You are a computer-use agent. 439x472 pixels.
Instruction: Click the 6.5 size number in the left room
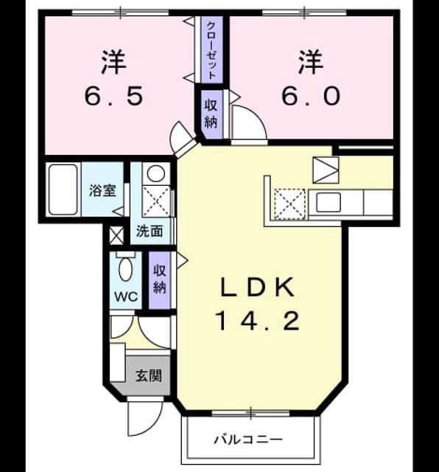tap(113, 96)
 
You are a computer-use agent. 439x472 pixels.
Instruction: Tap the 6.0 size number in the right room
tap(312, 96)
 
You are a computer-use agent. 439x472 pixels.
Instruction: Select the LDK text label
tap(257, 288)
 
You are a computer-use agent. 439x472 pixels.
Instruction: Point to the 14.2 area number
tap(257, 321)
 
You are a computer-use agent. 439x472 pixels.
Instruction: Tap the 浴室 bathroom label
tap(102, 190)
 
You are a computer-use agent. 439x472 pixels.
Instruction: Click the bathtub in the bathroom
tap(63, 190)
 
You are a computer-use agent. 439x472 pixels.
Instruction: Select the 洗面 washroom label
tap(150, 231)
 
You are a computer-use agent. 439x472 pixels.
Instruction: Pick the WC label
tap(126, 296)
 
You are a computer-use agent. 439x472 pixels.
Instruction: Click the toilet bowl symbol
tap(125, 268)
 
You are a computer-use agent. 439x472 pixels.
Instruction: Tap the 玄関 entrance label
tap(149, 375)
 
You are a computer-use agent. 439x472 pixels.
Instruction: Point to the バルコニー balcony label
tap(248, 440)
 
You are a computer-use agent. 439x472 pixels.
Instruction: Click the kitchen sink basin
tap(329, 202)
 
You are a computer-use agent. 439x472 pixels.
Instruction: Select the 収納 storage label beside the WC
tap(160, 279)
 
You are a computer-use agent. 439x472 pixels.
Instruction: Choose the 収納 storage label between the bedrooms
tap(211, 114)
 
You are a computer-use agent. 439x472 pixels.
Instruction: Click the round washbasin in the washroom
tap(155, 174)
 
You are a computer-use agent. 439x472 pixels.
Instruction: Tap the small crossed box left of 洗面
tap(116, 235)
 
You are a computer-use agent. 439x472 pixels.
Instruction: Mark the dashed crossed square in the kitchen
tap(289, 204)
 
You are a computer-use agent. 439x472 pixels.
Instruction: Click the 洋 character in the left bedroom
tap(113, 63)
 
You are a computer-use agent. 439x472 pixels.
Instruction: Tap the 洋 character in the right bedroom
tap(311, 63)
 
